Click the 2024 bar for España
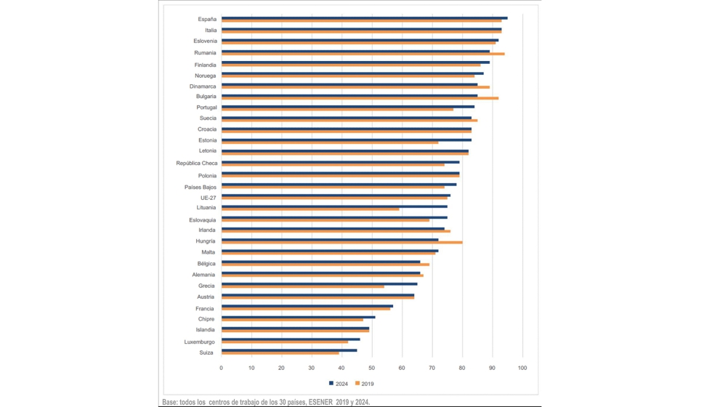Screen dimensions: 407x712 coord(363,18)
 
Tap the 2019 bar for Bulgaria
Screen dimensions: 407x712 coord(360,98)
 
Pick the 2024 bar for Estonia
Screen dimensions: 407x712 coord(346,140)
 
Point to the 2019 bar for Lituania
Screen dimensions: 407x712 coord(310,209)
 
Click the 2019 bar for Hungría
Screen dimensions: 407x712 coord(341,243)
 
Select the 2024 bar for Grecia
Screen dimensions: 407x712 coord(319,284)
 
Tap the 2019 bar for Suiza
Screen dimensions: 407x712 coord(280,353)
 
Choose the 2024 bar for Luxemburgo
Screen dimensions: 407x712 coord(290,339)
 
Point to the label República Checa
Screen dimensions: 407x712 coord(196,164)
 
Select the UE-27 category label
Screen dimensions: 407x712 coord(208,198)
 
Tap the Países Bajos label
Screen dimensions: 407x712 coord(200,187)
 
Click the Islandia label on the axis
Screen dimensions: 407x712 coord(205,330)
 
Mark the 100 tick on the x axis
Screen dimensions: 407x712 coord(522,368)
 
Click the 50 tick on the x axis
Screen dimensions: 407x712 coord(371,368)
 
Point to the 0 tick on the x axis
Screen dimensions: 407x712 coord(222,368)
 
